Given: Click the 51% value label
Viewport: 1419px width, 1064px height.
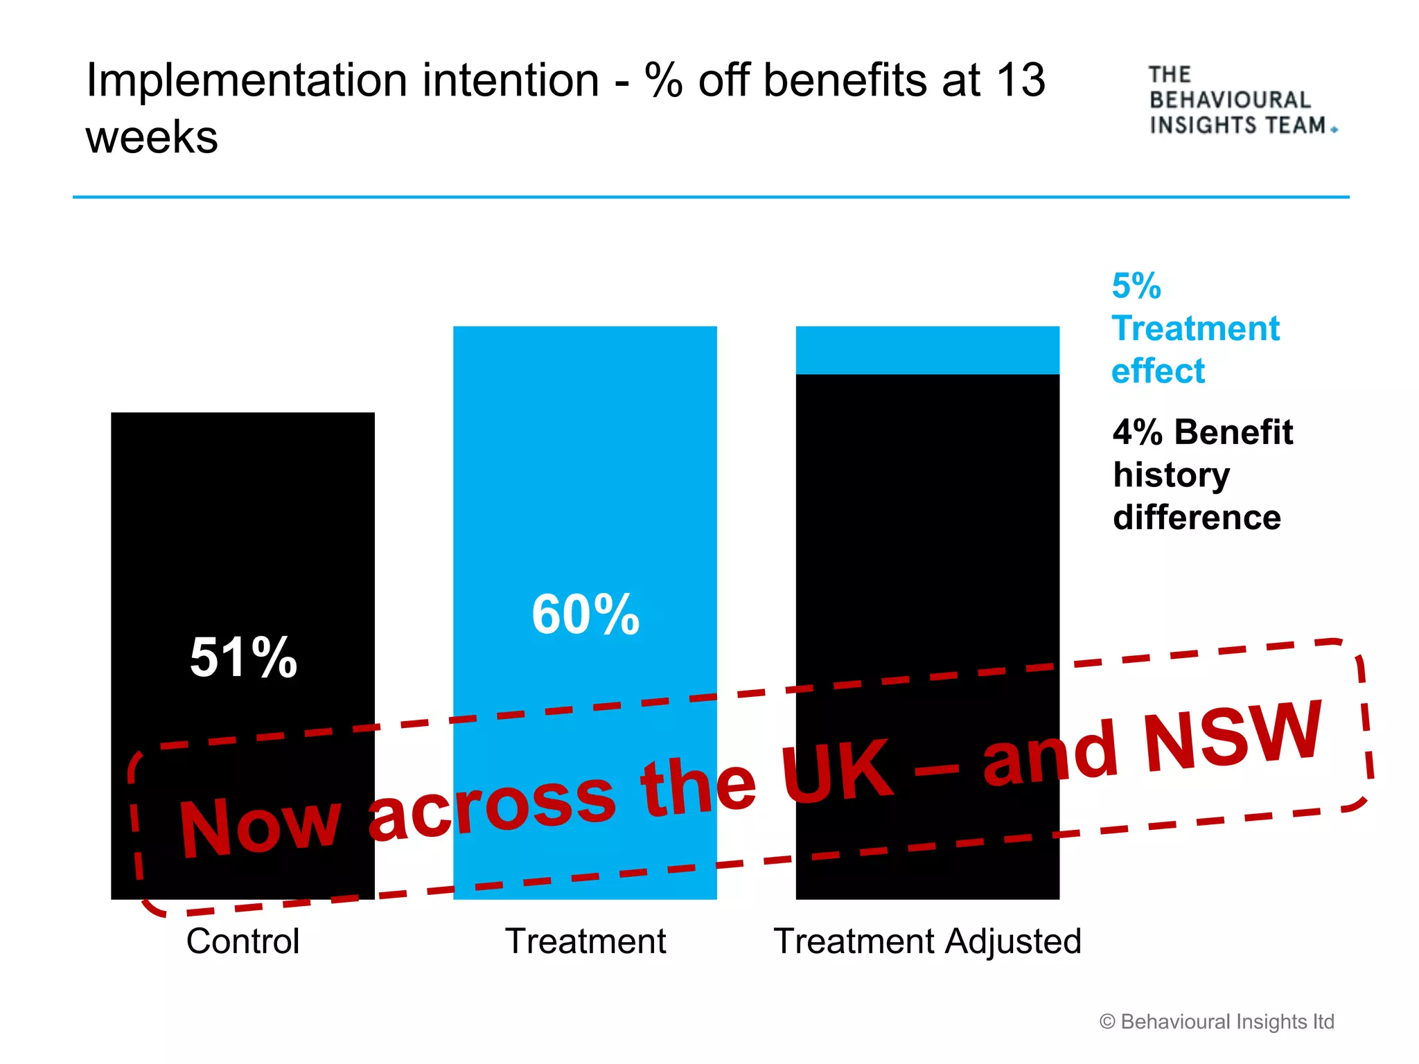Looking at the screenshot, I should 243,657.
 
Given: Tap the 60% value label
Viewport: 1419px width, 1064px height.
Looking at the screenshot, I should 585,614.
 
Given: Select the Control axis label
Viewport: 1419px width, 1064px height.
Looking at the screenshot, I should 243,941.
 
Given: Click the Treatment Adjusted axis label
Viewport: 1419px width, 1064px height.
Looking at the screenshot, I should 927,941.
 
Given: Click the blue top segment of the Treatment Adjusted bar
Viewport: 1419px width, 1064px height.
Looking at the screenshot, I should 927,350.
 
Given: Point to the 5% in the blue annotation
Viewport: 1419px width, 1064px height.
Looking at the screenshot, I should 1136,285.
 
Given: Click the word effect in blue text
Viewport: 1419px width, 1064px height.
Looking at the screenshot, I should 1158,371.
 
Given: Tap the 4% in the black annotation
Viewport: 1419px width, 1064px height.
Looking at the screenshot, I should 1137,432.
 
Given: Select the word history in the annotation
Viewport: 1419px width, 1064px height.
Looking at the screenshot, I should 1171,476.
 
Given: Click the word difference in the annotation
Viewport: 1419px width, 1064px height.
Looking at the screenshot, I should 1197,517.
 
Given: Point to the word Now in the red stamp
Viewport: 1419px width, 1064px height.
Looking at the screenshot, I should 260,826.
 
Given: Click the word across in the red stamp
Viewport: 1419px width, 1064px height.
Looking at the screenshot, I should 492,804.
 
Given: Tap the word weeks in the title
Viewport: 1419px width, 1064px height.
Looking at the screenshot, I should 152,136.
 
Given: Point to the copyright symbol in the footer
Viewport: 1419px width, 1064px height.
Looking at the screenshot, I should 1107,1022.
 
